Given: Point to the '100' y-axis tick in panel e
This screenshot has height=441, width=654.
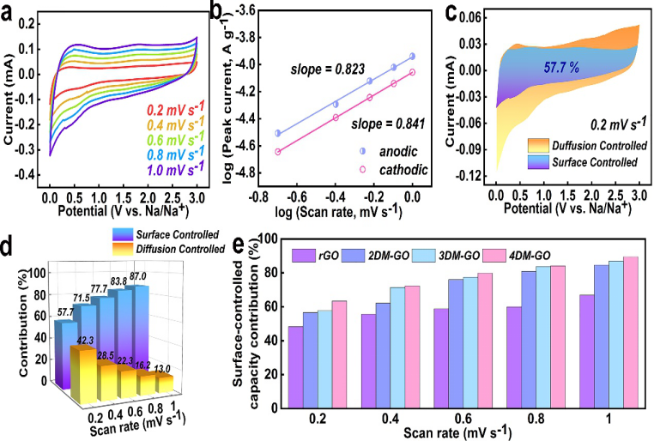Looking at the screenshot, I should pyautogui.click(x=269, y=240).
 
